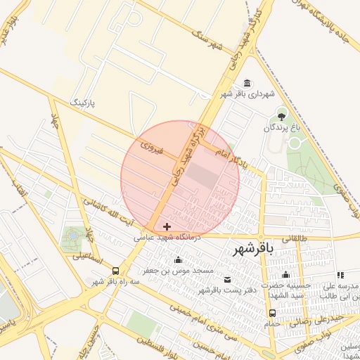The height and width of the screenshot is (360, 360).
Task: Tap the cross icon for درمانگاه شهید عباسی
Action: point(167,226)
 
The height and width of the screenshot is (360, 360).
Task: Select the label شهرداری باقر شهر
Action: point(246,94)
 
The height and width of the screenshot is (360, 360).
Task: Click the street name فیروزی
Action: point(151,148)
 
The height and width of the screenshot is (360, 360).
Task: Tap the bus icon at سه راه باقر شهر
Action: point(115,271)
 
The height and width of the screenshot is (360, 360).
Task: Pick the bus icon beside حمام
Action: point(272,313)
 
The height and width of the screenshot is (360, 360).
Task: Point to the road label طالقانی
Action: point(295,239)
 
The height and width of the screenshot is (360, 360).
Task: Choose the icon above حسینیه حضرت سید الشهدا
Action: point(285,275)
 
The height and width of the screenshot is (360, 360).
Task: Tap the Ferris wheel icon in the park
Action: point(72,237)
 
